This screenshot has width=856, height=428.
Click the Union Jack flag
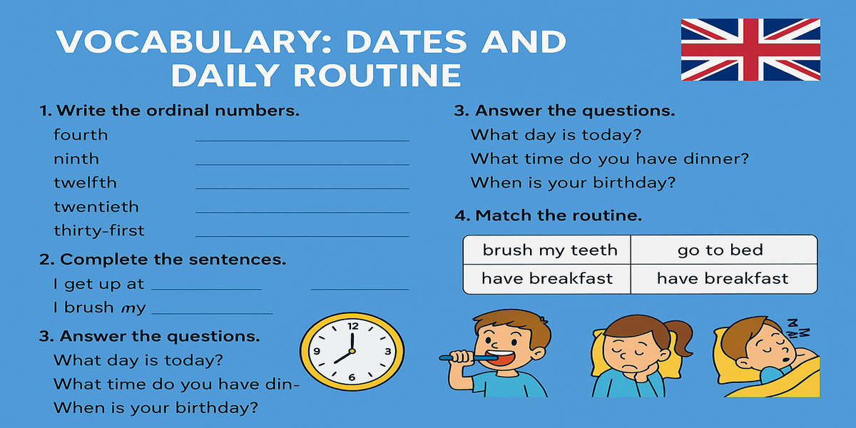pyautogui.click(x=750, y=50)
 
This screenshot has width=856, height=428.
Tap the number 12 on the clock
pyautogui.click(x=353, y=326)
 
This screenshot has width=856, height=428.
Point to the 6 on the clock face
pyautogui.click(x=352, y=377)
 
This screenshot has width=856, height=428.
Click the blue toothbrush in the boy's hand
pyautogui.click(x=469, y=358)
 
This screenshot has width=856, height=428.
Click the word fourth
pyautogui.click(x=81, y=135)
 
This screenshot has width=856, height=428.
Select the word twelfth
pyautogui.click(x=85, y=183)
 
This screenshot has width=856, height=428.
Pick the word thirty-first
pyautogui.click(x=99, y=230)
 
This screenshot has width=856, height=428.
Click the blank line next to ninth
pyautogui.click(x=302, y=165)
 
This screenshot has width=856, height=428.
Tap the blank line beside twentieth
pyautogui.click(x=302, y=213)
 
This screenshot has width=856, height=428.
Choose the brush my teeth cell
pyautogui.click(x=547, y=250)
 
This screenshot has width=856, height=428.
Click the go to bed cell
pyautogui.click(x=724, y=250)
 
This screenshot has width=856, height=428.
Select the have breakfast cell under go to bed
pyautogui.click(x=724, y=279)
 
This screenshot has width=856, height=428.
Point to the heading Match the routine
pyautogui.click(x=548, y=215)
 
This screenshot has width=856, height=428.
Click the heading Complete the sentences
pyautogui.click(x=163, y=260)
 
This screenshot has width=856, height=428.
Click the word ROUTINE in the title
pyautogui.click(x=377, y=75)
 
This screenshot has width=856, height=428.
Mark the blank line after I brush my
pyautogui.click(x=213, y=314)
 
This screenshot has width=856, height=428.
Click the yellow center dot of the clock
pyautogui.click(x=352, y=351)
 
